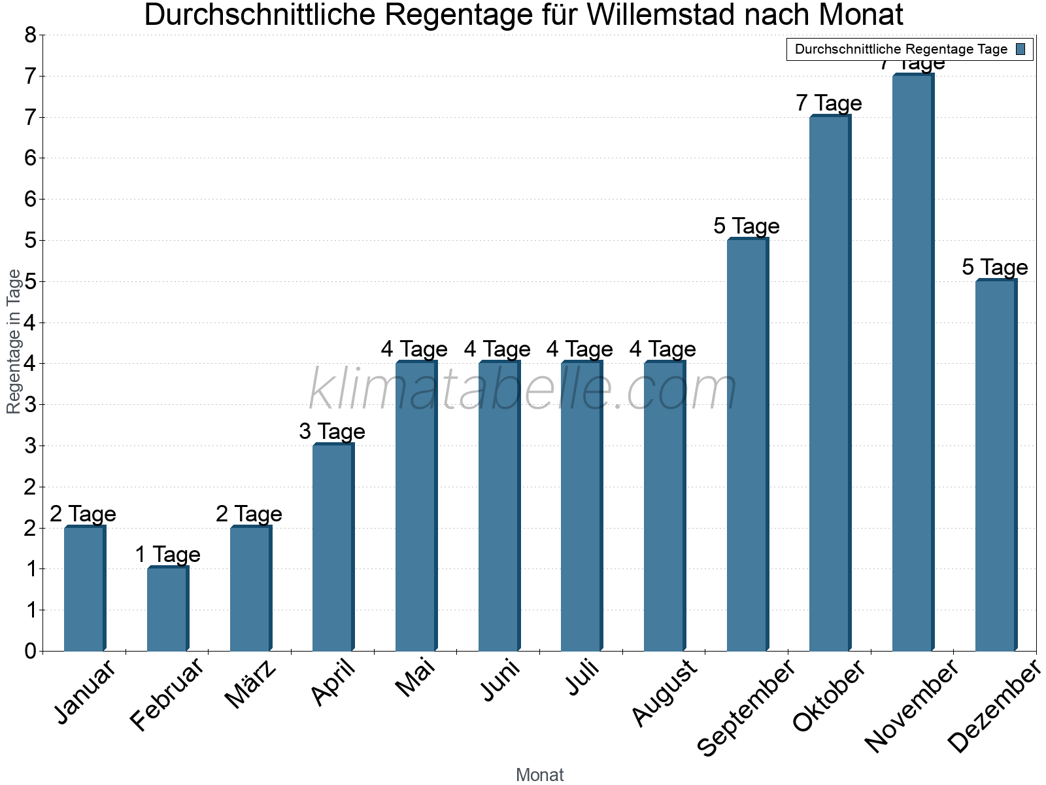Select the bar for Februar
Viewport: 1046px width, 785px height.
(167, 609)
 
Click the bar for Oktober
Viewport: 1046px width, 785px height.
(830, 383)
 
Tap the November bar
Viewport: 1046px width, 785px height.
(913, 363)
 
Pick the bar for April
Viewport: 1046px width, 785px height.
(333, 548)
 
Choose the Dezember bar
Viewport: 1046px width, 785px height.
(996, 465)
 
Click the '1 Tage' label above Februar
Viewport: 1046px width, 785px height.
(167, 555)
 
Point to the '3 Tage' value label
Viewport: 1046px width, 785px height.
(332, 432)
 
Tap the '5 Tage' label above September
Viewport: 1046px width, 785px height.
(747, 226)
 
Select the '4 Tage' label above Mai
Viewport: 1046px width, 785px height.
(414, 349)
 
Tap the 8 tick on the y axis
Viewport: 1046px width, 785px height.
(30, 35)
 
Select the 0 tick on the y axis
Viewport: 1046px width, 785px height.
(30, 651)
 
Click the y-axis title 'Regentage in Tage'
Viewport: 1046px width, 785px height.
(14, 341)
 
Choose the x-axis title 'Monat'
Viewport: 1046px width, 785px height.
(539, 775)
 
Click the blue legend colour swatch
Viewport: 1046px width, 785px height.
(1021, 49)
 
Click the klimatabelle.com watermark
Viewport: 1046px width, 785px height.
(523, 389)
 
